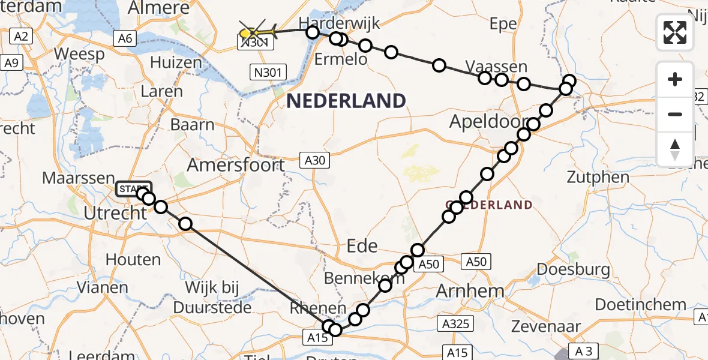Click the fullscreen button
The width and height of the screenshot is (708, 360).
pyautogui.click(x=675, y=32)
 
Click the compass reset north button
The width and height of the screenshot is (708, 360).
pyautogui.click(x=675, y=149)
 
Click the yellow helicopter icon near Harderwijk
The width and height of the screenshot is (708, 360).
pyautogui.click(x=258, y=31)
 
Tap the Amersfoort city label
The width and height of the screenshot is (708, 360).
pyautogui.click(x=236, y=164)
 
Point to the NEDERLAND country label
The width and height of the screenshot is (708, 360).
pyautogui.click(x=346, y=101)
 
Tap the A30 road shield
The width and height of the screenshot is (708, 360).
pyautogui.click(x=314, y=161)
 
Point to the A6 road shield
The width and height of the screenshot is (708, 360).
pyautogui.click(x=125, y=39)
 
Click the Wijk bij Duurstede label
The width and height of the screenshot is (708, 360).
pyautogui.click(x=212, y=297)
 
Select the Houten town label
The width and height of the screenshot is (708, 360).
pyautogui.click(x=133, y=260)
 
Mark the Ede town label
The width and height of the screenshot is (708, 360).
pyautogui.click(x=362, y=245)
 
